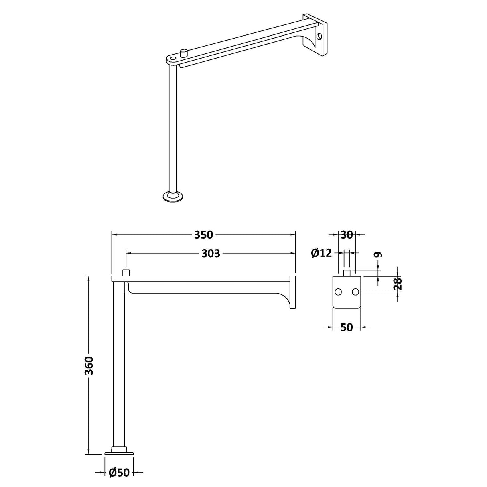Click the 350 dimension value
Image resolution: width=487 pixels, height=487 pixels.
click(x=203, y=235)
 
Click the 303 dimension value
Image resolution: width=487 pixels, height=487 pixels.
click(x=211, y=253)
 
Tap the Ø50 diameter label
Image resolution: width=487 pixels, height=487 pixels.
click(x=119, y=473)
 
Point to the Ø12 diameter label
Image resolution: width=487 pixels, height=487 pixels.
click(x=322, y=253)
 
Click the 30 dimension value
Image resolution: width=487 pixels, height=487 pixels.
click(x=347, y=235)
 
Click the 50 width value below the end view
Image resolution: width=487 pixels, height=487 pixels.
click(x=347, y=327)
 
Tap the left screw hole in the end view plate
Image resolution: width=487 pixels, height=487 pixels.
click(x=339, y=292)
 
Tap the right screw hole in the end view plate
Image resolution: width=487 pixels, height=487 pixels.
click(x=355, y=292)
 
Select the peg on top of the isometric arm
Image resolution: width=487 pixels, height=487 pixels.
click(x=184, y=52)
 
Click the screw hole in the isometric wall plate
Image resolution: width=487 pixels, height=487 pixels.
click(x=319, y=37)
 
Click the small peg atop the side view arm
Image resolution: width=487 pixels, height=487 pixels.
click(x=126, y=273)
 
